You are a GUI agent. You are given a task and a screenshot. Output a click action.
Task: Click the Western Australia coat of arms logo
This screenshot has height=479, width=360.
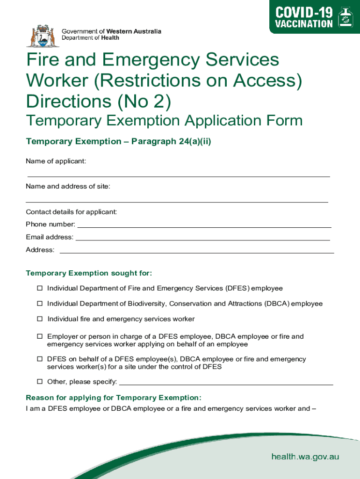coord(43,35)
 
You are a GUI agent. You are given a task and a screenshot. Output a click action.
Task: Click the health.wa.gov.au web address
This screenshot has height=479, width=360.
coord(305,457)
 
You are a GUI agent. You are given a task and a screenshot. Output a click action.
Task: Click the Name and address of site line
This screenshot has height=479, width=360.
coord(177,202)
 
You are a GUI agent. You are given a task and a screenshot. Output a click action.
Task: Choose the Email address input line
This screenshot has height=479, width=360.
coord(203,239)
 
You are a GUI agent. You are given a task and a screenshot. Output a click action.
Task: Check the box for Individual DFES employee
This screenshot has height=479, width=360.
coord(40,288)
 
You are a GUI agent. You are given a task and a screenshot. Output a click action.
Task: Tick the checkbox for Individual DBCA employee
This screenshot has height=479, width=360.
coord(40,304)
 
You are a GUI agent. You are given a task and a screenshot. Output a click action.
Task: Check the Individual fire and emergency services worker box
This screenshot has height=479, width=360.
coord(40,319)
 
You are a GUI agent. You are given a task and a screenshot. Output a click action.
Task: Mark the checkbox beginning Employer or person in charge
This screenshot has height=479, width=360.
coord(40,336)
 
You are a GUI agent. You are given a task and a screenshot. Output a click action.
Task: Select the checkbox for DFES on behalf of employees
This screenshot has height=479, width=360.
coord(40,359)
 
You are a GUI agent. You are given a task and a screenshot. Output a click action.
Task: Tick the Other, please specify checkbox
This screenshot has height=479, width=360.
coord(40,382)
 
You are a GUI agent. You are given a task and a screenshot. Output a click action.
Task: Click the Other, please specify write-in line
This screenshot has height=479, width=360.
coord(226,384)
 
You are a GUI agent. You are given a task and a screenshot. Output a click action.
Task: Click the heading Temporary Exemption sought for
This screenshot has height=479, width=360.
coord(89,273)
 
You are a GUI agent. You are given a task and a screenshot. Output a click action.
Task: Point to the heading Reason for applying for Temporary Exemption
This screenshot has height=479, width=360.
coord(114,398)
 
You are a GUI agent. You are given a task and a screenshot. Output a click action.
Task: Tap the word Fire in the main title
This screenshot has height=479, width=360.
coord(44,60)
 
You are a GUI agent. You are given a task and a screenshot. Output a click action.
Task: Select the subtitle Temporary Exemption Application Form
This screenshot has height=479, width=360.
coord(164,121)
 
